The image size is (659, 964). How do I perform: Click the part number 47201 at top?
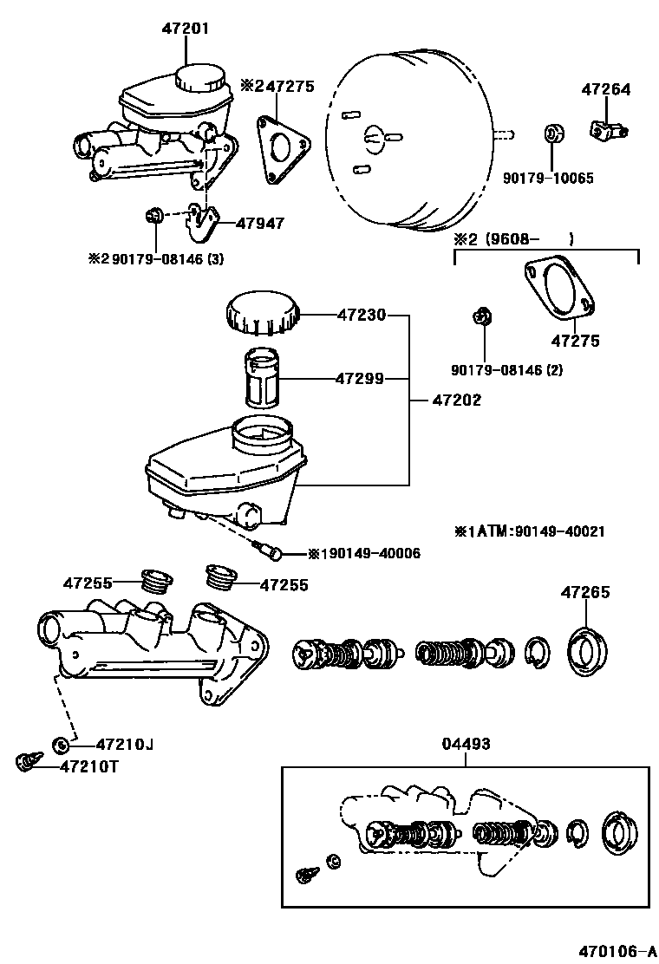(185, 29)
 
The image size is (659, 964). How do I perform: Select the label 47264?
(606, 89)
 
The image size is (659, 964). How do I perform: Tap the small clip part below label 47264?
(608, 130)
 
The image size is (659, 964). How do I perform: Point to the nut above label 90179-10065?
(552, 135)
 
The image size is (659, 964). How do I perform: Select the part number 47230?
(362, 316)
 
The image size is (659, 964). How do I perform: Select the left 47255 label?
(87, 583)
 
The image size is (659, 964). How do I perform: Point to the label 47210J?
(125, 744)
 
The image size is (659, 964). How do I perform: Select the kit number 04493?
(467, 744)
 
